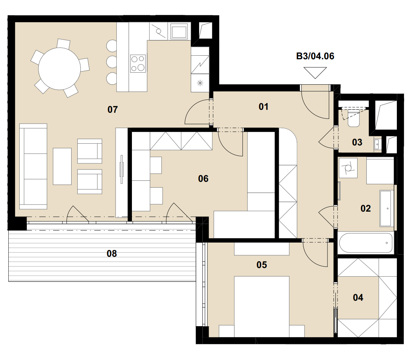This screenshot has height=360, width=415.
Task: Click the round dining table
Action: click(59, 69)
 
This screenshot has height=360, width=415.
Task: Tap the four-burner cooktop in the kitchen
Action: click(138, 64)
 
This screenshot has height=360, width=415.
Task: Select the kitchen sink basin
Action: click(179, 31)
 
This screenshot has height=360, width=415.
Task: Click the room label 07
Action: click(113, 109)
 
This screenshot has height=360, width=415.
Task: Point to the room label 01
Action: click(263, 107)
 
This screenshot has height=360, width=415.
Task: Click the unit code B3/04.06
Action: click(315, 56)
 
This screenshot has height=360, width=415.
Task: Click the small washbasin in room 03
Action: click(378, 144)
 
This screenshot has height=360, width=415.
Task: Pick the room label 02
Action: click(366, 208)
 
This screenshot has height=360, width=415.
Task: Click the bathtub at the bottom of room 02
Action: click(366, 243)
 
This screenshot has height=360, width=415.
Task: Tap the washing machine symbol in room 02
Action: click(348, 168)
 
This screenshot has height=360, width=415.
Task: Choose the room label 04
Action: click(358, 297)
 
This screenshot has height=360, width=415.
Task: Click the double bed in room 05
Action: click(262, 307)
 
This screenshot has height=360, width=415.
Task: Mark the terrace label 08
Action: click(112, 253)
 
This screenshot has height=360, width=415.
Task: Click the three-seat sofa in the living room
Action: click(33, 166)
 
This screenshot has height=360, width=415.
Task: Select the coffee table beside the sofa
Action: click(62, 166)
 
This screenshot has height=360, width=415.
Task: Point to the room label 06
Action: click(203, 179)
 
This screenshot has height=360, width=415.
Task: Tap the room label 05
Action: click(262, 265)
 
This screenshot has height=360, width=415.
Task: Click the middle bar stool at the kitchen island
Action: click(112, 62)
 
